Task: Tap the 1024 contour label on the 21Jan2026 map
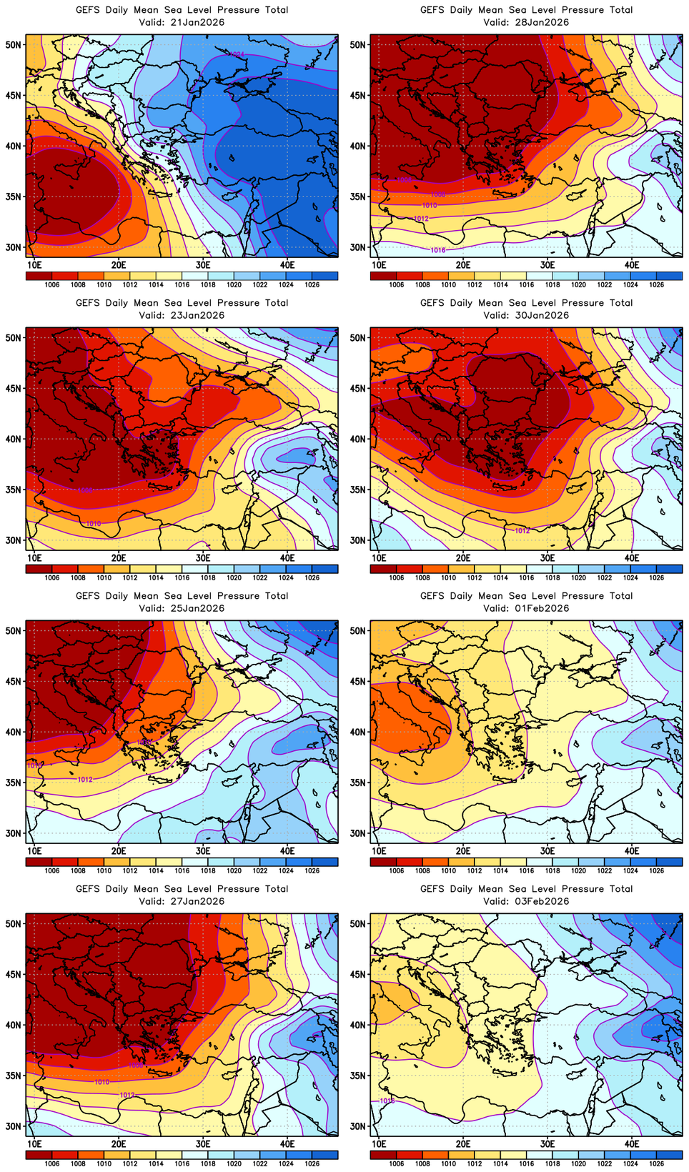[237, 54]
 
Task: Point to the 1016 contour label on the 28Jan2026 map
[438, 250]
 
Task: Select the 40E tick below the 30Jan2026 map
[632, 557]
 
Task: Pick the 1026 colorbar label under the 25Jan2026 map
[312, 870]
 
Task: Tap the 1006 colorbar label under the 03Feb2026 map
[397, 1163]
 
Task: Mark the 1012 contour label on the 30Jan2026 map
[522, 531]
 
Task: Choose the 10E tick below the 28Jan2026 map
[379, 264]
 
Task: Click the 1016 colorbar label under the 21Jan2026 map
[182, 284]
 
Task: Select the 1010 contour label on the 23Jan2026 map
[93, 524]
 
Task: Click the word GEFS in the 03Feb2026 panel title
[432, 889]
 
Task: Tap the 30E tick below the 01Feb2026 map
[547, 850]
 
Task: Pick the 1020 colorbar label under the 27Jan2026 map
[234, 1163]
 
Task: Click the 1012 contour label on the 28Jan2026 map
[421, 219]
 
